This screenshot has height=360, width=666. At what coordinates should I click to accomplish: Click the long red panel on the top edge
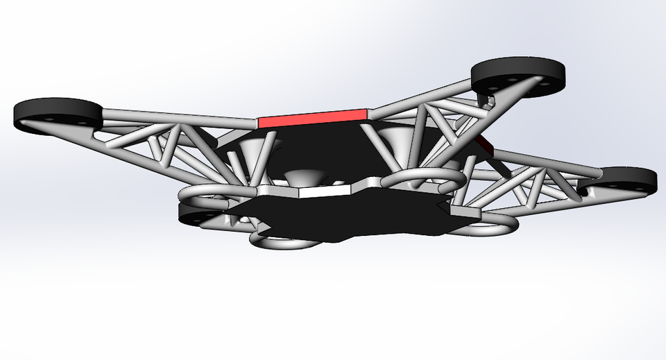[x=312, y=117]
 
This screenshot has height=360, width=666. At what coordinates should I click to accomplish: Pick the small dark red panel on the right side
[x=485, y=145]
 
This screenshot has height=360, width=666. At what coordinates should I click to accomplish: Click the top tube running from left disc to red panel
[x=180, y=117]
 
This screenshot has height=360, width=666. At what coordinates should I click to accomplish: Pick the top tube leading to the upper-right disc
[x=423, y=97]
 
